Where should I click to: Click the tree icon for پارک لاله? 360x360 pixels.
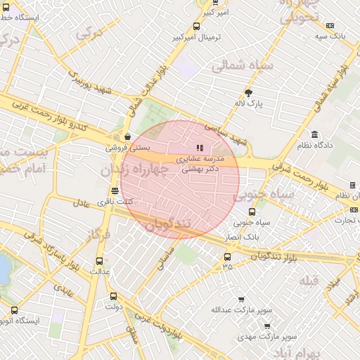point(248,93)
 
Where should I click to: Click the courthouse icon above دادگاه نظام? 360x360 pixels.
point(314,134)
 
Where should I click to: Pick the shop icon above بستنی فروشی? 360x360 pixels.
point(127,137)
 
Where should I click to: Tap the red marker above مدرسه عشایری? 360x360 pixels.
point(200,148)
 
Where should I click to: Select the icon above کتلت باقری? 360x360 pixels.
point(115,191)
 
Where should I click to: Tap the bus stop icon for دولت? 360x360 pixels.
point(114,296)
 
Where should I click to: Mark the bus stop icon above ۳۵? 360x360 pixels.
point(226,256)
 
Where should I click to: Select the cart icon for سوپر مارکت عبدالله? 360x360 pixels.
point(241,300)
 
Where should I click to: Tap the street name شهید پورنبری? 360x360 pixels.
point(91,82)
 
